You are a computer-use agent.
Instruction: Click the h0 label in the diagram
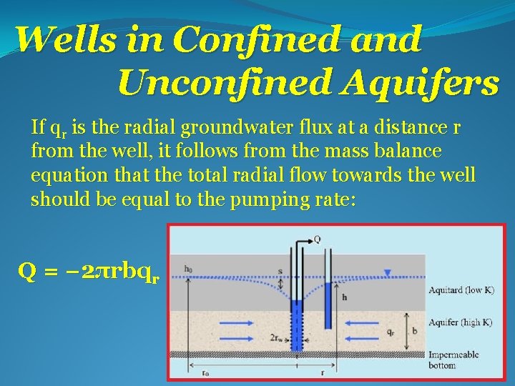pyautogui.click(x=187, y=269)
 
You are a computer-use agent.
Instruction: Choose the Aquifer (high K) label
pyautogui.click(x=460, y=322)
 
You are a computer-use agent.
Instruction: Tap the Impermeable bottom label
pyautogui.click(x=453, y=360)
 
